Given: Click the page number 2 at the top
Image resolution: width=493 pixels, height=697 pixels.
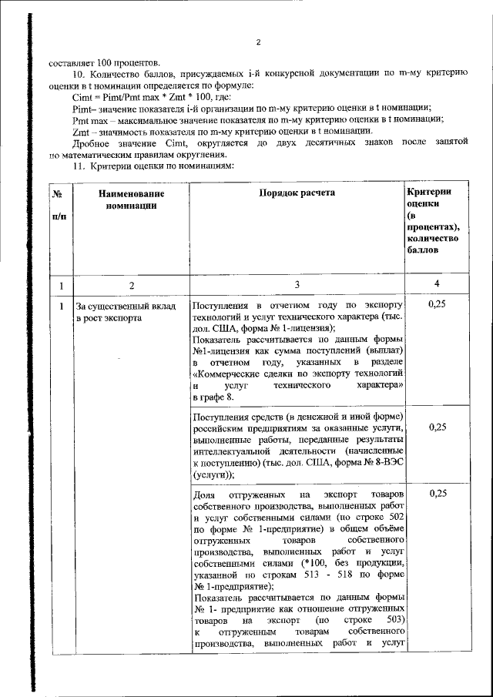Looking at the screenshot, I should pyautogui.click(x=259, y=42).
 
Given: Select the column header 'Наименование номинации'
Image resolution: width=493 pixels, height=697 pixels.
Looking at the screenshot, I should pyautogui.click(x=132, y=199).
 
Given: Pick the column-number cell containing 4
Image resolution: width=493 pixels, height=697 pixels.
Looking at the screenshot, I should pyautogui.click(x=437, y=285).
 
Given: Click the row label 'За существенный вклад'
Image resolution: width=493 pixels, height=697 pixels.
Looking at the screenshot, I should pyautogui.click(x=126, y=307).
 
